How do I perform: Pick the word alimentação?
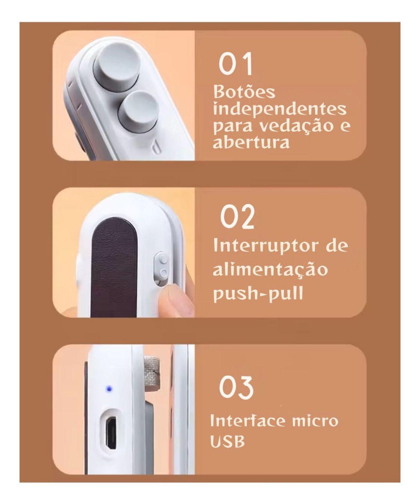click(x=270, y=270)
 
